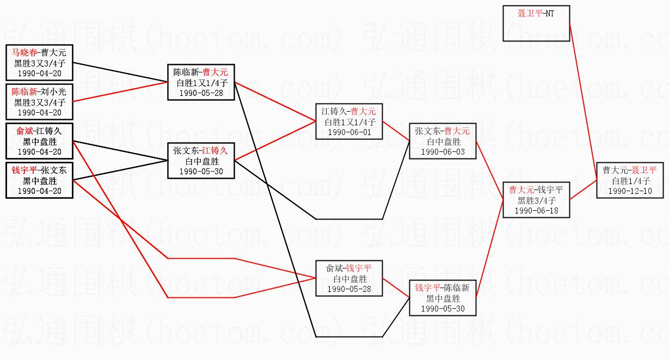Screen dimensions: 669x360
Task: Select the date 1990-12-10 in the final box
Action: [630, 191]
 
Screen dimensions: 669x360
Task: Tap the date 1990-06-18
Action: [536, 211]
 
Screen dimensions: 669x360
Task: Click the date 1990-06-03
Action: [443, 152]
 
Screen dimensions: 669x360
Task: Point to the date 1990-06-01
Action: [349, 132]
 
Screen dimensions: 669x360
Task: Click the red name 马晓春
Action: [24, 53]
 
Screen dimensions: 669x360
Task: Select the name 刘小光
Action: [53, 91]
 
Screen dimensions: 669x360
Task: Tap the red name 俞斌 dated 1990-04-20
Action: [24, 131]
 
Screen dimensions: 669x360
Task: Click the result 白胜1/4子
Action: [631, 181]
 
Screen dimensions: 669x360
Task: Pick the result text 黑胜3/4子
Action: [537, 200]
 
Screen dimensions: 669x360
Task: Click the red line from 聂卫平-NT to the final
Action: [584, 102]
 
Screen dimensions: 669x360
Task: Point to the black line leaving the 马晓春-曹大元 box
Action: [120, 72]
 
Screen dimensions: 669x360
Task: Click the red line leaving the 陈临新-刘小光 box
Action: [120, 91]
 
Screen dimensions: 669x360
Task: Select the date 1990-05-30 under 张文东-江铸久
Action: [201, 171]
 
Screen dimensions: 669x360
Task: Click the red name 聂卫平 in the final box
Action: [644, 170]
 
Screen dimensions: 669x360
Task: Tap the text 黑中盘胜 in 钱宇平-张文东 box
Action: [40, 181]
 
